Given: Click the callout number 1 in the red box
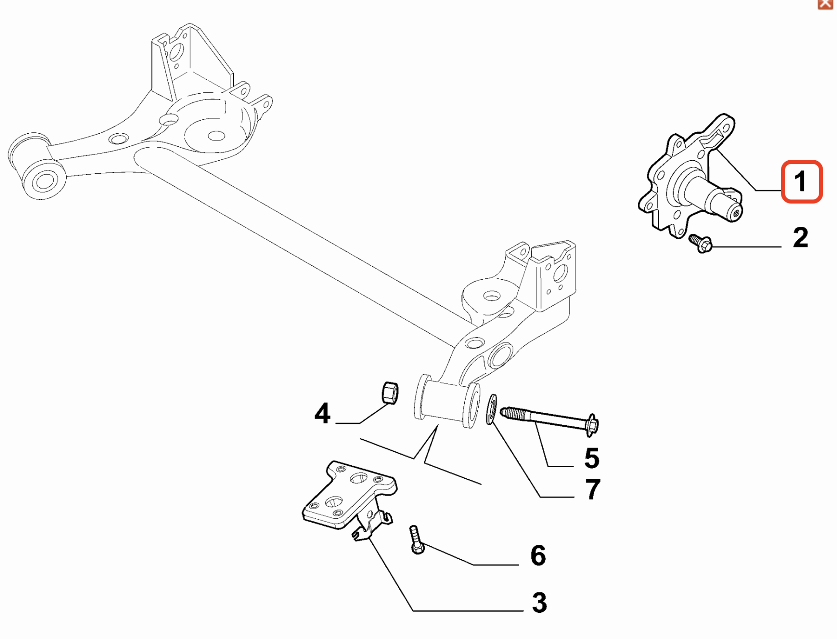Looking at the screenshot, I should pyautogui.click(x=801, y=181).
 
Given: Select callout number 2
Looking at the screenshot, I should pyautogui.click(x=800, y=237).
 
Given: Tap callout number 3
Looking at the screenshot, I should pyautogui.click(x=539, y=602).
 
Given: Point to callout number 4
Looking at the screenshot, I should pyautogui.click(x=322, y=413).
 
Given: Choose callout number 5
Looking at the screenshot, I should pyautogui.click(x=592, y=458).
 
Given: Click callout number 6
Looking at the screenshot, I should pyautogui.click(x=538, y=555).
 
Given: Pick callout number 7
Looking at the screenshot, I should pyautogui.click(x=592, y=489).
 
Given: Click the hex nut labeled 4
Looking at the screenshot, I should pyautogui.click(x=389, y=392).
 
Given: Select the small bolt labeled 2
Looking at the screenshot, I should pyautogui.click(x=701, y=243).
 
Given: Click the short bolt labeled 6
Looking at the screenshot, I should pyautogui.click(x=416, y=540).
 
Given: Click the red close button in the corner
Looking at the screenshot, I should pyautogui.click(x=825, y=4).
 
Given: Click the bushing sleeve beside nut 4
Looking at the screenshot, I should pyautogui.click(x=447, y=401).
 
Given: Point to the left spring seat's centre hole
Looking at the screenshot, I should pyautogui.click(x=216, y=136).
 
